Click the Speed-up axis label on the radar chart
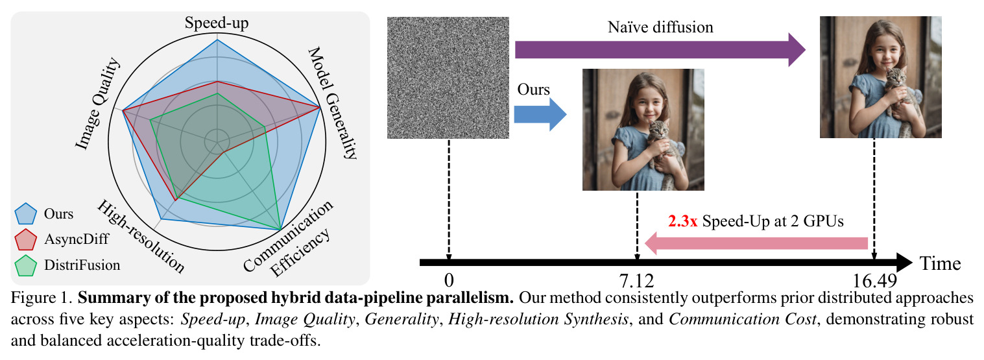pyautogui.click(x=217, y=23)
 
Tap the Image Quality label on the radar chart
pyautogui.click(x=97, y=104)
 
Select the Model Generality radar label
pyautogui.click(x=333, y=102)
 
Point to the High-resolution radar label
pyautogui.click(x=141, y=236)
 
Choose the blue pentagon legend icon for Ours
pyautogui.click(x=25, y=214)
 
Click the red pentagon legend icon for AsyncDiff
pyautogui.click(x=25, y=240)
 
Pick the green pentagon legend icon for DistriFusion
pyautogui.click(x=25, y=265)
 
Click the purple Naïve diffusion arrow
pyautogui.click(x=660, y=49)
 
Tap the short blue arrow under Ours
pyautogui.click(x=540, y=115)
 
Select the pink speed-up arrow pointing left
pyautogui.click(x=756, y=243)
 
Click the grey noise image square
pyautogui.click(x=448, y=78)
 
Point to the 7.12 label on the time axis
pyautogui.click(x=636, y=280)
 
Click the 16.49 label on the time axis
pyautogui.click(x=874, y=280)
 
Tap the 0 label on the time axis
pyautogui.click(x=449, y=280)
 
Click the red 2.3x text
pyautogui.click(x=682, y=221)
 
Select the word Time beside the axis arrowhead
pyautogui.click(x=941, y=263)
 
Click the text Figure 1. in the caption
pyautogui.click(x=42, y=298)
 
